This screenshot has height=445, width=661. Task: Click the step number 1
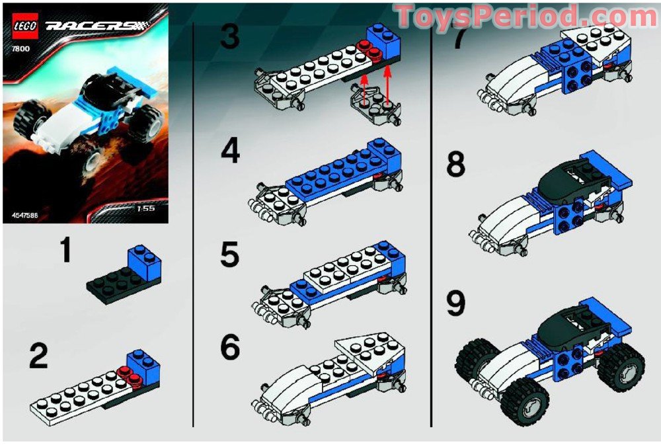click(x=65, y=251)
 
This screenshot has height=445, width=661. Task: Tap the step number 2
click(x=38, y=357)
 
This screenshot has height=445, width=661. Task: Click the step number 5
click(x=229, y=256)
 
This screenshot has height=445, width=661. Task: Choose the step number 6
click(x=229, y=348)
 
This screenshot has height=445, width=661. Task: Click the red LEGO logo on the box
click(x=24, y=27)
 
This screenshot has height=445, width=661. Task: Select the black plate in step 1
click(x=112, y=285)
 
